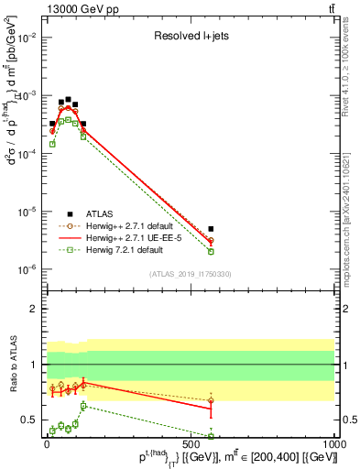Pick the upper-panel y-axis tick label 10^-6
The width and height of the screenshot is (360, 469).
click(25, 269)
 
